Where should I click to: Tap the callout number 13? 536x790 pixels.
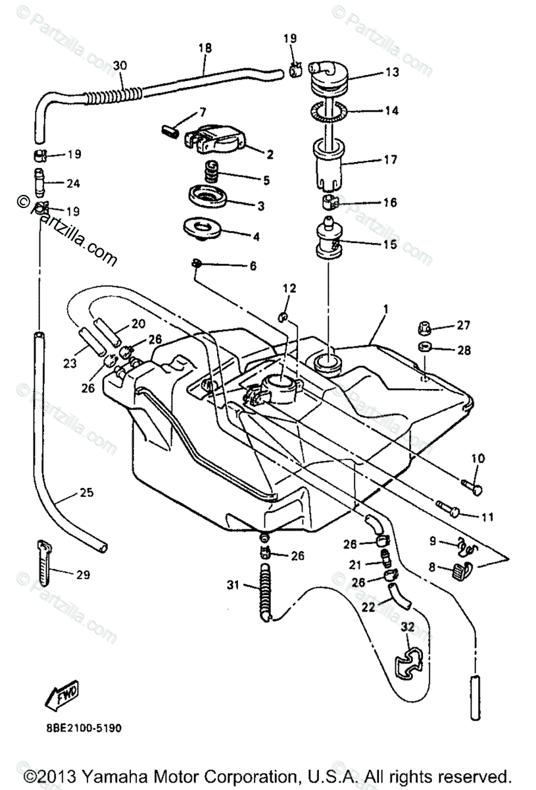(x=393, y=72)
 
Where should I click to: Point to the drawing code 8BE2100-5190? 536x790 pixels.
(x=74, y=728)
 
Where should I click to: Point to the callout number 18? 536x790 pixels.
(x=205, y=47)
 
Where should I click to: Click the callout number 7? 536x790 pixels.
(x=203, y=111)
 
